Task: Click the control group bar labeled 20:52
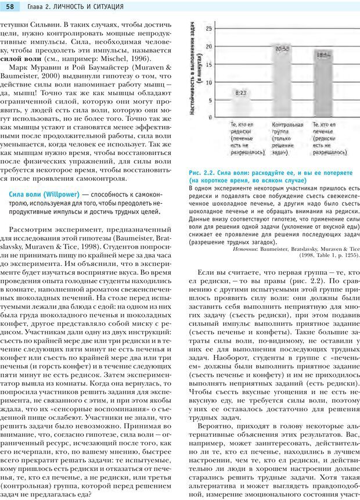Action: (283, 81)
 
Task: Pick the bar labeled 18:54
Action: (323, 87)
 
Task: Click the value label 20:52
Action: (283, 48)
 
